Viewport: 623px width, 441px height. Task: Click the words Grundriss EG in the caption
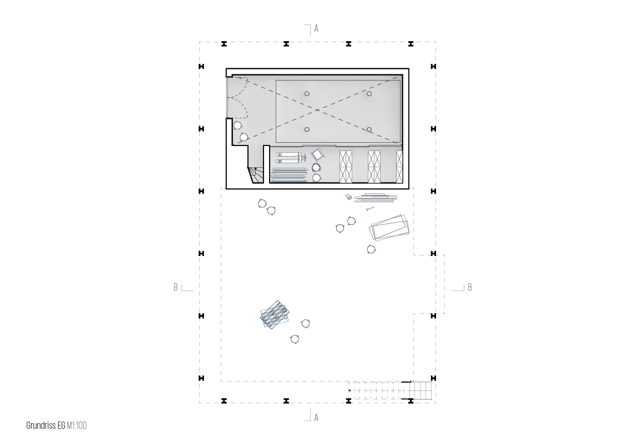45,425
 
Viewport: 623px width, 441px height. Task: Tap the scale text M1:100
77,425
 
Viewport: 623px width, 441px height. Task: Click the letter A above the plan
316,28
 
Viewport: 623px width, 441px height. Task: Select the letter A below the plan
316,418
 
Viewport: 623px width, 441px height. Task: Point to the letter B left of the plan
176,287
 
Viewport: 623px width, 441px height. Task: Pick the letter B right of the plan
470,287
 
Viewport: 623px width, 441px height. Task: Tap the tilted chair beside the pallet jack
317,154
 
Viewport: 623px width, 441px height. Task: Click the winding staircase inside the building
256,175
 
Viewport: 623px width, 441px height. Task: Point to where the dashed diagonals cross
317,110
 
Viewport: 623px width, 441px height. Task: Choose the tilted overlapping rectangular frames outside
389,228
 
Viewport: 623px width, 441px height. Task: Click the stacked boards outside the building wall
376,197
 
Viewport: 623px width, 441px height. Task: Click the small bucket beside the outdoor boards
348,197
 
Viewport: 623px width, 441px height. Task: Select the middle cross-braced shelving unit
374,167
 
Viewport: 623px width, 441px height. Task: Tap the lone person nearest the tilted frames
371,249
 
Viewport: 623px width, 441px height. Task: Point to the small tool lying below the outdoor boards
370,208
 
